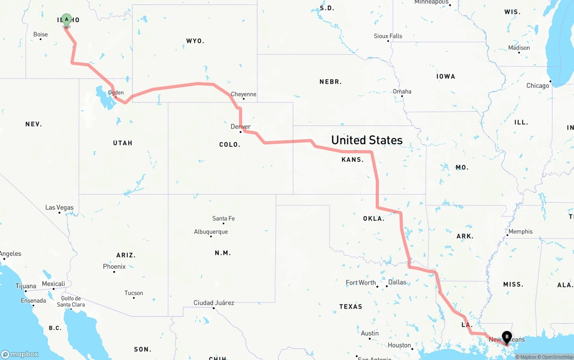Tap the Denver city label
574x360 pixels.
point(240,126)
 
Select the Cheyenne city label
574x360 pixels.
point(244,94)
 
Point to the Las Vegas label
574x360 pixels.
point(59,208)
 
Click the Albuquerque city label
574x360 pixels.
point(211,232)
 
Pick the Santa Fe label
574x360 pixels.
point(223,218)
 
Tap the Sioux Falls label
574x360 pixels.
point(388,36)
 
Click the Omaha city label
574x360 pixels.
point(402,91)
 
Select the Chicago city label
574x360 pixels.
point(538,86)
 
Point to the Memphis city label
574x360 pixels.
point(521,231)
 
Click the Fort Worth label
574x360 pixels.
point(361,282)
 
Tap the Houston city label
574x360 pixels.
point(400,345)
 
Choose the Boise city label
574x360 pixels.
point(40,34)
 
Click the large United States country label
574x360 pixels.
point(367,140)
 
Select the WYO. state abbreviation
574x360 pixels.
point(195,41)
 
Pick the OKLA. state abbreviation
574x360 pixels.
point(374,219)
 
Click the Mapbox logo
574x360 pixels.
point(20,354)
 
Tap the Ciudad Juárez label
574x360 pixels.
point(214,303)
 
